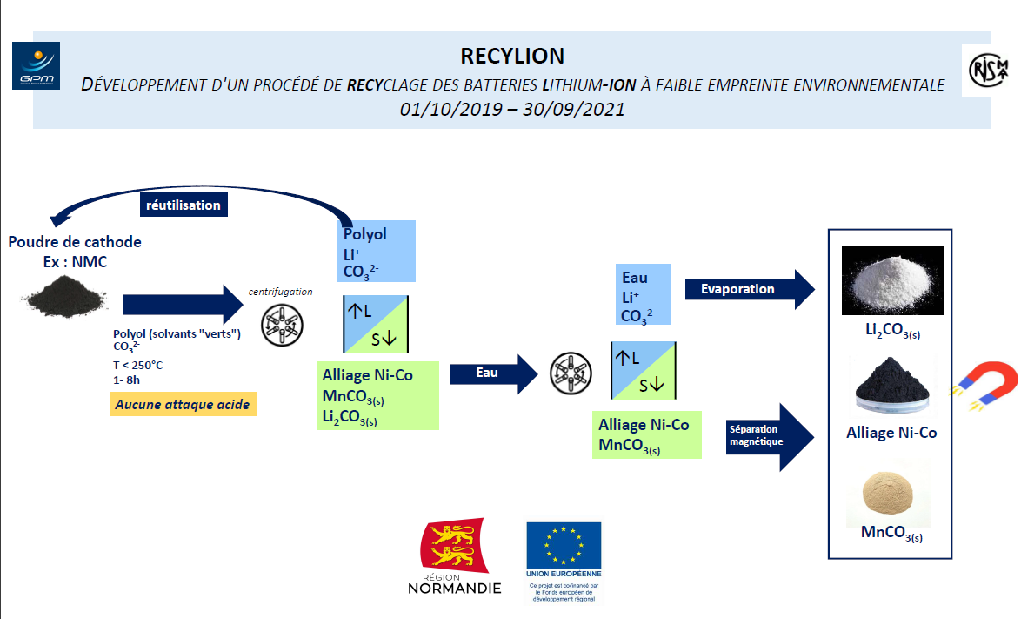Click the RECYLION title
512,56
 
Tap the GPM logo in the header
37,65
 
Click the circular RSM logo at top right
990,69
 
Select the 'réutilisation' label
183,205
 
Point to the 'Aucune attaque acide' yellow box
183,404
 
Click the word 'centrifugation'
281,292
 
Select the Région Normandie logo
454,556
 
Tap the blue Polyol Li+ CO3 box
377,251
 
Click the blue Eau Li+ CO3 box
644,295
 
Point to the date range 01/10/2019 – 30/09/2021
512,110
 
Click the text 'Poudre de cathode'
75,242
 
